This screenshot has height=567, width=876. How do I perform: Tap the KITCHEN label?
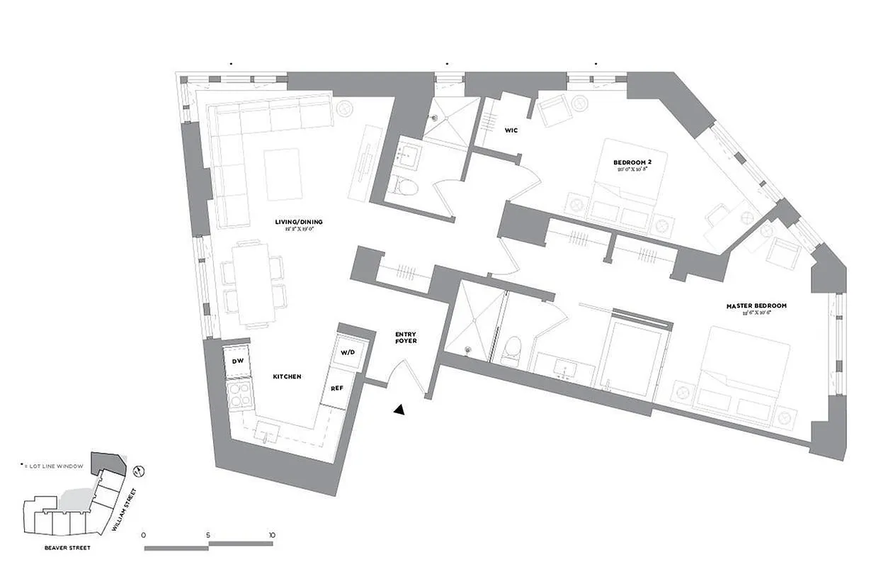pos(288,376)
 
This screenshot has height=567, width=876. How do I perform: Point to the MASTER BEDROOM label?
pos(756,306)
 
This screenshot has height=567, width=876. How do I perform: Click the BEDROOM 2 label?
pos(632,162)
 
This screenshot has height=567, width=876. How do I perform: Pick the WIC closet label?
pos(511,130)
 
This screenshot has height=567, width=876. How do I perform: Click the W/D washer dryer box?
pos(348,352)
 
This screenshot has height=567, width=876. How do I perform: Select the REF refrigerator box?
pos(336,388)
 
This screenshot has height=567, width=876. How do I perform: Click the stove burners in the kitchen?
pos(238,395)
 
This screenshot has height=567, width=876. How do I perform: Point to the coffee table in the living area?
pos(283,174)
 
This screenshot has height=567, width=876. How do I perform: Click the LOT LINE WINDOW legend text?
pos(55,466)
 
